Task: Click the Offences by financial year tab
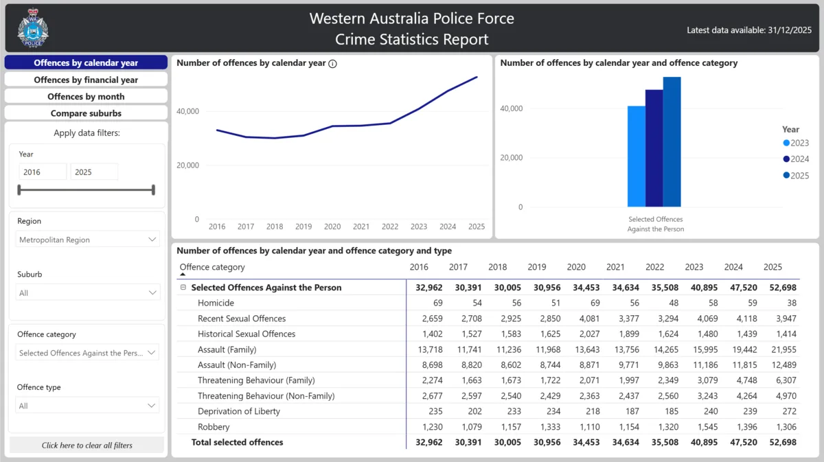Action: pos(86,80)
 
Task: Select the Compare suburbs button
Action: pos(86,113)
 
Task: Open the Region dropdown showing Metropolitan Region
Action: pos(87,240)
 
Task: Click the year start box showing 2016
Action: pos(42,172)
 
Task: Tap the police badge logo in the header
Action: pos(33,28)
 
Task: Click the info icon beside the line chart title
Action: pos(332,63)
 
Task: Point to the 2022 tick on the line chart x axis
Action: pos(389,227)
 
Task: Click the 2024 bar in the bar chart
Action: pos(654,148)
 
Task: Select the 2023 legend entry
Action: pos(796,143)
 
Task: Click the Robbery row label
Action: pos(214,427)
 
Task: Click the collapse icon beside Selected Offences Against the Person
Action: pos(183,288)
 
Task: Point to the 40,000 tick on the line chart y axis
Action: pos(187,111)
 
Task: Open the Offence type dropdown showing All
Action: pos(87,406)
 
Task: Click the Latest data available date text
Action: pos(749,30)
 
